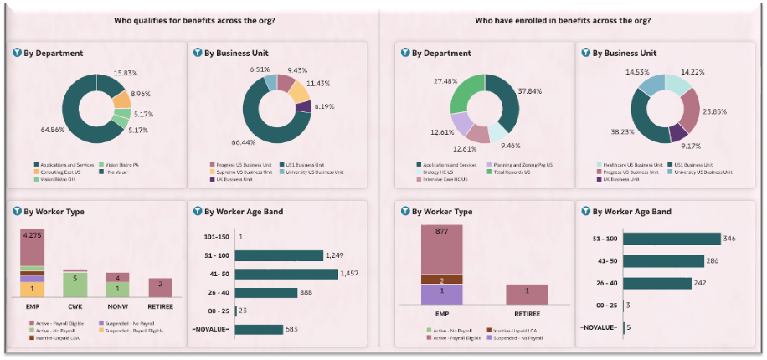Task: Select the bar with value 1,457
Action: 286,274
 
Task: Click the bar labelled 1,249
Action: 279,255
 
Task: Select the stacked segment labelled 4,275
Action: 32,247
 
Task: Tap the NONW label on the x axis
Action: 116,306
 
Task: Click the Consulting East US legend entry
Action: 56,171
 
